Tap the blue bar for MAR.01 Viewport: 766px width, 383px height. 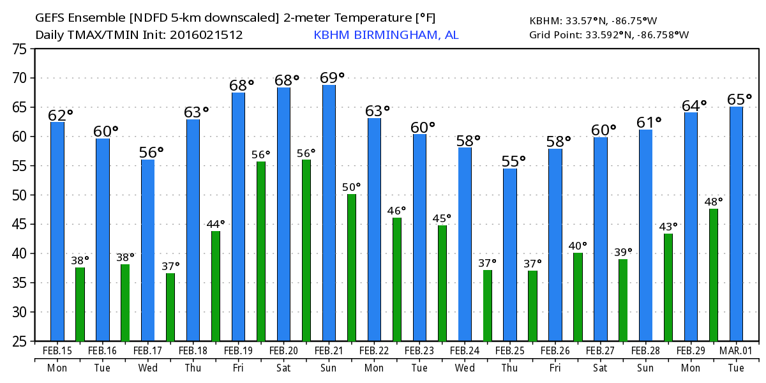pos(736,223)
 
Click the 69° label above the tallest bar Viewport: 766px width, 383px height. pos(332,77)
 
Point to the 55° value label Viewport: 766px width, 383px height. pos(513,161)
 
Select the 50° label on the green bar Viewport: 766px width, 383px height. pos(351,186)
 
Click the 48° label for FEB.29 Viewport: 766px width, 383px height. pos(714,201)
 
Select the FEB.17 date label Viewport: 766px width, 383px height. pos(147,351)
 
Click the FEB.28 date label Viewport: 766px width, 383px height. pos(645,351)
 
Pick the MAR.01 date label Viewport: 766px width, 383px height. pos(736,351)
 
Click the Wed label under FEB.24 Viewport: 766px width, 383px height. pos(465,368)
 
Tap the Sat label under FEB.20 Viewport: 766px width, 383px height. pos(283,368)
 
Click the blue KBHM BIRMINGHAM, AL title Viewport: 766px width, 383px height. pos(386,34)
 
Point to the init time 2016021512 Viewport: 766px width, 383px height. pos(206,34)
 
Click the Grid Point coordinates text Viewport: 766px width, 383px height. pos(609,34)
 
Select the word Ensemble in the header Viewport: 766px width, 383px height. pos(93,17)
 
